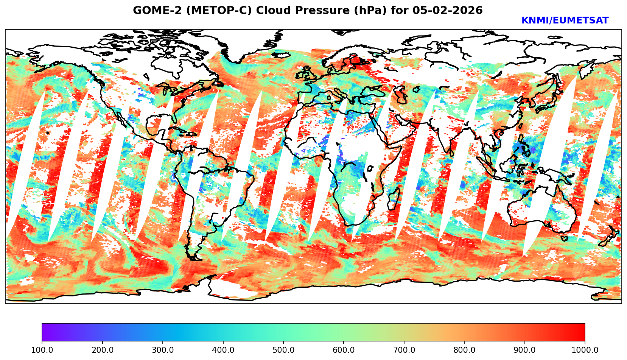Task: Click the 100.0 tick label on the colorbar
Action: pos(42,350)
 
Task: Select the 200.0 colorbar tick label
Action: pos(102,350)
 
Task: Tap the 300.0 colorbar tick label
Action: pos(163,350)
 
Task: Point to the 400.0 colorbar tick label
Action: pos(223,350)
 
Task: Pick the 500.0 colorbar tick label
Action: pos(283,350)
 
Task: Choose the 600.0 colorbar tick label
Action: pos(344,350)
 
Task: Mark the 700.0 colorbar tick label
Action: pos(404,350)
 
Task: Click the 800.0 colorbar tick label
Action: pos(464,350)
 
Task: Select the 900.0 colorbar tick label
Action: pos(525,350)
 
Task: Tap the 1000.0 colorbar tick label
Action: pos(585,350)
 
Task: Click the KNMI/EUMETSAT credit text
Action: pos(565,21)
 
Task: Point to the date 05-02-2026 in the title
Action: pos(448,11)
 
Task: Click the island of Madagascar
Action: pos(394,200)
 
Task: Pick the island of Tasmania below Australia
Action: pos(564,238)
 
